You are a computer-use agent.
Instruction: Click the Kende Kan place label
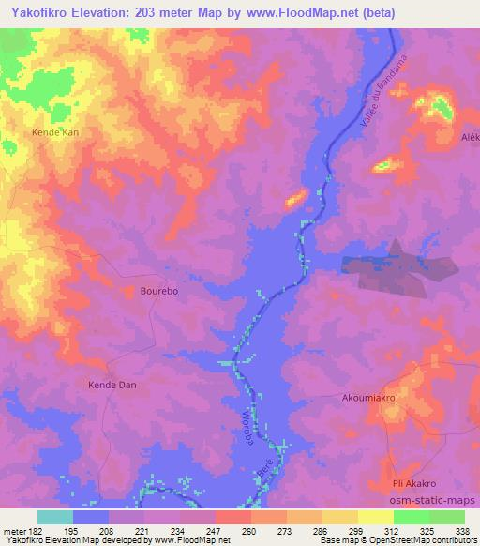55,134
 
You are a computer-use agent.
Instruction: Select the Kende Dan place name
113,386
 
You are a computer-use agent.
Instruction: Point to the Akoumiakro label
372,398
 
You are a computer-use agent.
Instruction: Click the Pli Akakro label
418,483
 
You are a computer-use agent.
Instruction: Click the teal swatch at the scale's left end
55,517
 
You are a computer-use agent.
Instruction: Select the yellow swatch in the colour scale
376,517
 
